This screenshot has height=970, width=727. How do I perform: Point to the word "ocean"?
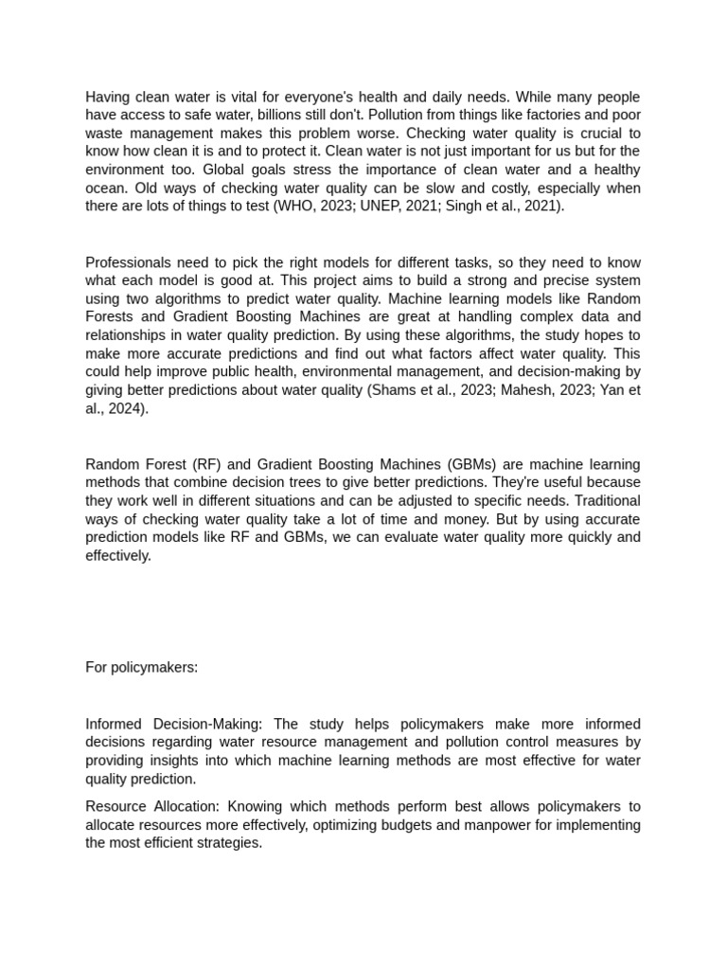[x=105, y=188]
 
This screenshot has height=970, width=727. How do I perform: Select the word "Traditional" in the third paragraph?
[x=604, y=500]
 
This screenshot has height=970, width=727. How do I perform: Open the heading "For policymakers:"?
[x=142, y=667]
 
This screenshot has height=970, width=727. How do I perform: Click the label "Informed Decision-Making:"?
[x=174, y=724]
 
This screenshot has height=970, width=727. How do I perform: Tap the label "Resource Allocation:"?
[x=152, y=806]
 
